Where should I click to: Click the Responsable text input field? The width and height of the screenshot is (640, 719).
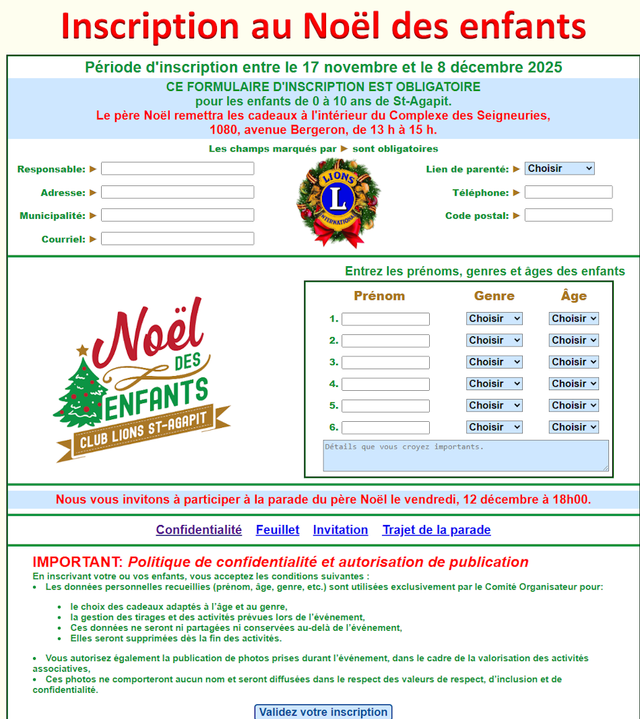point(177,168)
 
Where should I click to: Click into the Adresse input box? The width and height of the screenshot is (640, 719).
point(177,192)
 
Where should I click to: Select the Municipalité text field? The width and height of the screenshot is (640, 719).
point(177,215)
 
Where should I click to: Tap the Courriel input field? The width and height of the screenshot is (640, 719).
point(177,239)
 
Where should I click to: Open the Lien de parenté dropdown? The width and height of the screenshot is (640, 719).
point(559,168)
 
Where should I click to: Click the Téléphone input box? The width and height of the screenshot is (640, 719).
point(569,192)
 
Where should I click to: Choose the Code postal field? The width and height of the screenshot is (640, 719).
point(569,215)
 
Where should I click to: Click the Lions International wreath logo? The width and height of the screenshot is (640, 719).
point(338,201)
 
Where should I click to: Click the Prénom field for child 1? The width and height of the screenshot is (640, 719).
point(385,319)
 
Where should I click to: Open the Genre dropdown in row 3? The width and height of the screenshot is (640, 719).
point(494,362)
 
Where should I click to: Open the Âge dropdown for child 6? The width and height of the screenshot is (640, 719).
point(573,427)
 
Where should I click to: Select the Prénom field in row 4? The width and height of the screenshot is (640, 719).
point(385,384)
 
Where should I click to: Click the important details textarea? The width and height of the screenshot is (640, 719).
point(466,456)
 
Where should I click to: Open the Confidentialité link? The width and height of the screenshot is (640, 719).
point(199,530)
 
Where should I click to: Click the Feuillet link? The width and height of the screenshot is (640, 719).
point(278,530)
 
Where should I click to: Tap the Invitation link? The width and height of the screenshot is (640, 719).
point(340,530)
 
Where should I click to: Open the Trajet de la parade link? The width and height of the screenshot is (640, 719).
point(437,530)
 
